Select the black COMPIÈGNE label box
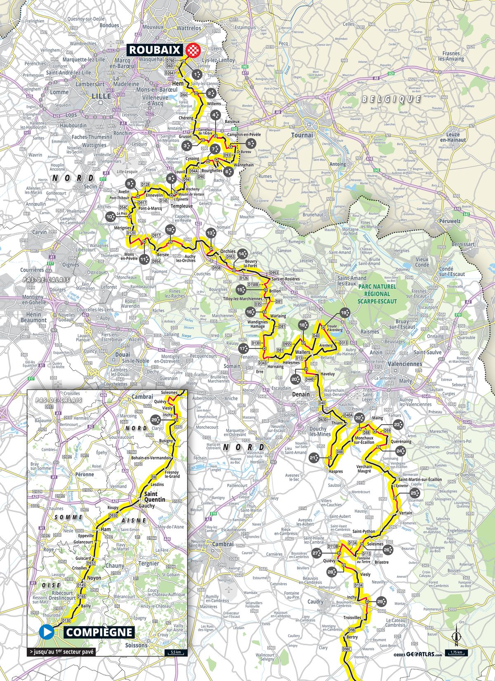tap(99, 632)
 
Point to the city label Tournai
tap(302, 135)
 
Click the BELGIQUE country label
tap(391, 99)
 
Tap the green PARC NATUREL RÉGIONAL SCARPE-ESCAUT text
tap(377, 293)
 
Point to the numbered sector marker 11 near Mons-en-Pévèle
tap(144, 259)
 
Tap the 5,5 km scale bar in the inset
tap(175, 653)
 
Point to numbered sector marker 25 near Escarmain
tap(415, 492)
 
